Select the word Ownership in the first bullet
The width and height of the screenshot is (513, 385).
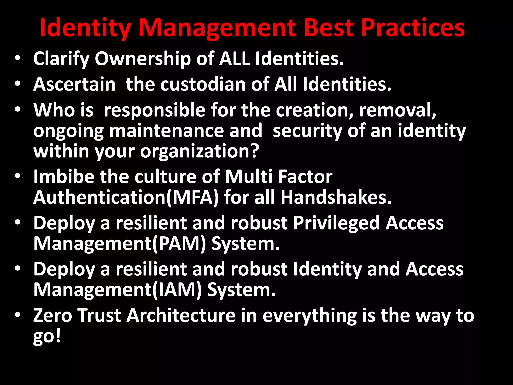pos(143,59)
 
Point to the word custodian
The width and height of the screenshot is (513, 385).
pos(203,84)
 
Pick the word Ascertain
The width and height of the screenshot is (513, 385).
pos(74,84)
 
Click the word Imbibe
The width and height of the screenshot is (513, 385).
pos(64,177)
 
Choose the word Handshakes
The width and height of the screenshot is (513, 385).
pos(336,198)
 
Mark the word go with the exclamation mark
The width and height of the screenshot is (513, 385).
pos(47,337)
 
